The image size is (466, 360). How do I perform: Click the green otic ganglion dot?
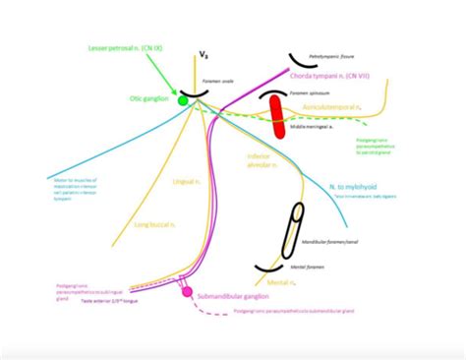click(x=183, y=99)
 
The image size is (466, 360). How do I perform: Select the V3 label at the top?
click(x=204, y=55)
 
